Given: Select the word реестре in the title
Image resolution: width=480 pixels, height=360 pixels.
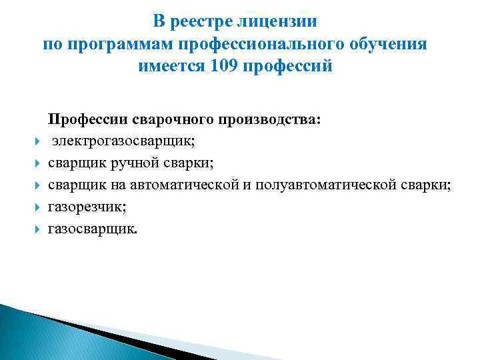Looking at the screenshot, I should [201, 21].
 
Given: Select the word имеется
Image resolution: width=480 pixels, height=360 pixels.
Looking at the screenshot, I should [171, 67].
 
